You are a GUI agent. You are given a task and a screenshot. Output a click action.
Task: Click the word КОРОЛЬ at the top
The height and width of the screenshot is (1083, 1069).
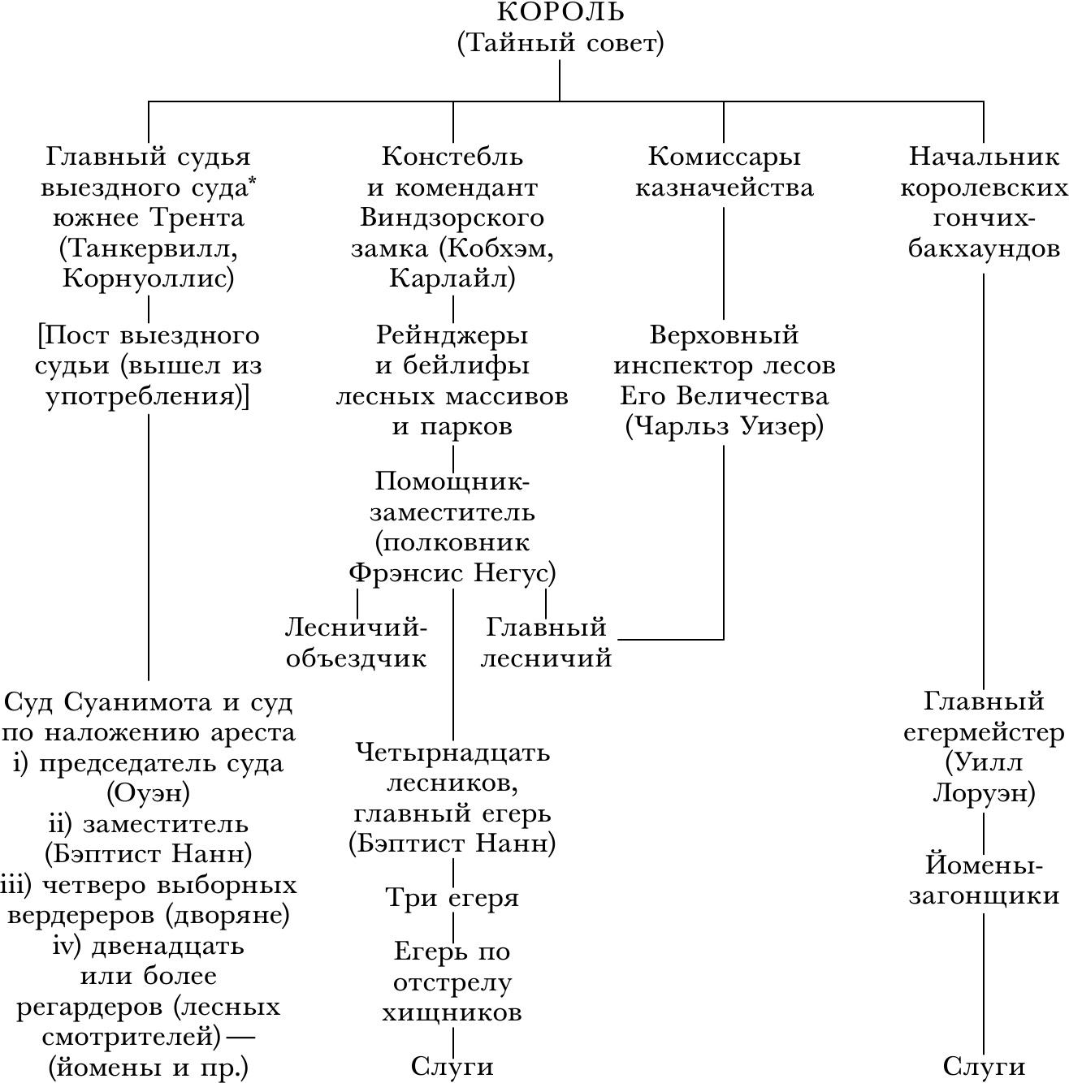click(x=560, y=12)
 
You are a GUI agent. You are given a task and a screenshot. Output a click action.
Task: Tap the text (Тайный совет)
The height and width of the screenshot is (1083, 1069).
click(x=560, y=42)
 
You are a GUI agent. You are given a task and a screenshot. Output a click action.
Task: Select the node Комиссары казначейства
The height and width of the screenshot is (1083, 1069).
click(x=724, y=171)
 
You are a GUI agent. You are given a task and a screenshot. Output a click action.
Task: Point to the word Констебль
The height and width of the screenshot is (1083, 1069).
click(x=452, y=156)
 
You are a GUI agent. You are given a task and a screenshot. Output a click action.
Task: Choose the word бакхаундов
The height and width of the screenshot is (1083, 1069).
click(x=984, y=248)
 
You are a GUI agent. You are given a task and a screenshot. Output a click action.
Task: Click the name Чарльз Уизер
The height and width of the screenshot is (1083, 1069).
click(x=724, y=426)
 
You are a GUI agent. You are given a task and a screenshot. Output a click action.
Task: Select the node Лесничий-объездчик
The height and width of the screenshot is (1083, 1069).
click(x=357, y=642)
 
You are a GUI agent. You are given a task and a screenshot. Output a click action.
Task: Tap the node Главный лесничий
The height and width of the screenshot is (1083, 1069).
click(x=546, y=642)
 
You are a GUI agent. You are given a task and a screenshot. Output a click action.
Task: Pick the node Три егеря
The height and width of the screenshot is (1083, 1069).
click(x=452, y=898)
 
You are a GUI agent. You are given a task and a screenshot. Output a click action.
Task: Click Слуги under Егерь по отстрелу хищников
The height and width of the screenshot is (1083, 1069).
click(x=452, y=1066)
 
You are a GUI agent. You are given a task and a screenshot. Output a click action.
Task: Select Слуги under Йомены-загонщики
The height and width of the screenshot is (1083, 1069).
click(x=984, y=1066)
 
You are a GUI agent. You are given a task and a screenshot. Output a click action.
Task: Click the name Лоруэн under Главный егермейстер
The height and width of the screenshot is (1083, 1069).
click(x=984, y=792)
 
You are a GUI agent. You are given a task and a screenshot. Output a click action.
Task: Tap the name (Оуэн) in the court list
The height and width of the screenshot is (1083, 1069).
click(x=149, y=792)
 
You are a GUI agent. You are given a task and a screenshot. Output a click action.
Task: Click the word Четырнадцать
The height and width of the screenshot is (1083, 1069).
click(x=452, y=753)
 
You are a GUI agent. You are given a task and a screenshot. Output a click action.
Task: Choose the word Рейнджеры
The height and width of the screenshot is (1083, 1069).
click(x=452, y=335)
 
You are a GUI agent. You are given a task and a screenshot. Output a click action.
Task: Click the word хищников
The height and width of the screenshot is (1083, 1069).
click(x=452, y=1013)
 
